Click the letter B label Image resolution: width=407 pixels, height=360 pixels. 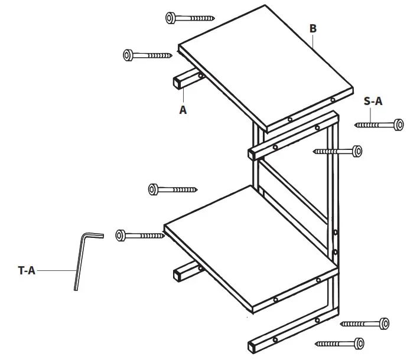coord(313,28)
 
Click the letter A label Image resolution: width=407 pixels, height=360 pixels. coord(183,110)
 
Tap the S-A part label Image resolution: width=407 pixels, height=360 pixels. coord(373,101)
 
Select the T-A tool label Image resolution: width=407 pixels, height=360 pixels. coord(27,271)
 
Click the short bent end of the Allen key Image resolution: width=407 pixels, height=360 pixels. coord(95,235)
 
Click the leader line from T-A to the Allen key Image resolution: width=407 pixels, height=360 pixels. coord(57,271)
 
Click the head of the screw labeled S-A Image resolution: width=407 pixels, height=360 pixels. coord(398,125)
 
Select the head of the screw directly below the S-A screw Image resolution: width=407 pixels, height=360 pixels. coord(356,152)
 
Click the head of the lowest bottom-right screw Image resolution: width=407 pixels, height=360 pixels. coord(358,343)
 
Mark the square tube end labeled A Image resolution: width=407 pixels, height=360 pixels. coord(178,82)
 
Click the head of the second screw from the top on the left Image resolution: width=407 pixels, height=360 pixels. coord(128,55)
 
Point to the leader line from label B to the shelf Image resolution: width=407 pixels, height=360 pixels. coord(314,41)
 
